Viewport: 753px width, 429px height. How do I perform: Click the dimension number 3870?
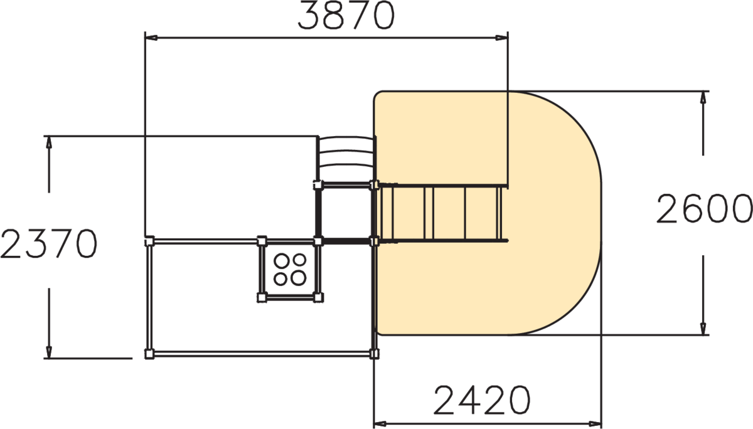click(x=346, y=15)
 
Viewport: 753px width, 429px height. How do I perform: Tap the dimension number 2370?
click(x=49, y=244)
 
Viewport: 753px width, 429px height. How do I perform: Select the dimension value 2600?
click(x=704, y=209)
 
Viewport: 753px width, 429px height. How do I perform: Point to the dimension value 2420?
click(x=482, y=400)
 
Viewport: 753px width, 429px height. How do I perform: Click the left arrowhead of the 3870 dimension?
click(x=151, y=38)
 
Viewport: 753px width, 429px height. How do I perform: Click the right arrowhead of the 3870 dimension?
click(x=501, y=38)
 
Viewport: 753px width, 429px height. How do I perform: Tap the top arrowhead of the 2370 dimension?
click(x=49, y=142)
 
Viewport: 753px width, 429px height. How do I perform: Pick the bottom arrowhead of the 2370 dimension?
click(x=49, y=352)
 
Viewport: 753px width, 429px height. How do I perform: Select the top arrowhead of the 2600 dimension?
click(x=703, y=97)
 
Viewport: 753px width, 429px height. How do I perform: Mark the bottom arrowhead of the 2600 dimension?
click(x=703, y=329)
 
